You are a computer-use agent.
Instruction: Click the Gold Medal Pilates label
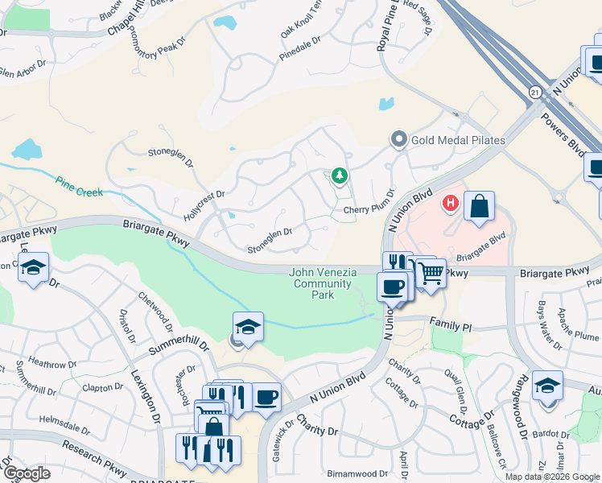pyautogui.click(x=458, y=140)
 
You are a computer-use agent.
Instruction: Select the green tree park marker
pyautogui.click(x=340, y=175)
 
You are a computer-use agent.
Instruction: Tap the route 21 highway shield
pyautogui.click(x=534, y=93)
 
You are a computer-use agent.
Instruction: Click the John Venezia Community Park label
pyautogui.click(x=323, y=283)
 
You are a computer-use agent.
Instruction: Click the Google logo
pyautogui.click(x=27, y=473)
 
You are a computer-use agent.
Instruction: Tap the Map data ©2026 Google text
pyautogui.click(x=553, y=477)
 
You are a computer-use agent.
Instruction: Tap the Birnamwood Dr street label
pyautogui.click(x=358, y=474)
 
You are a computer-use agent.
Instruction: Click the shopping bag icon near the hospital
pyautogui.click(x=479, y=206)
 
